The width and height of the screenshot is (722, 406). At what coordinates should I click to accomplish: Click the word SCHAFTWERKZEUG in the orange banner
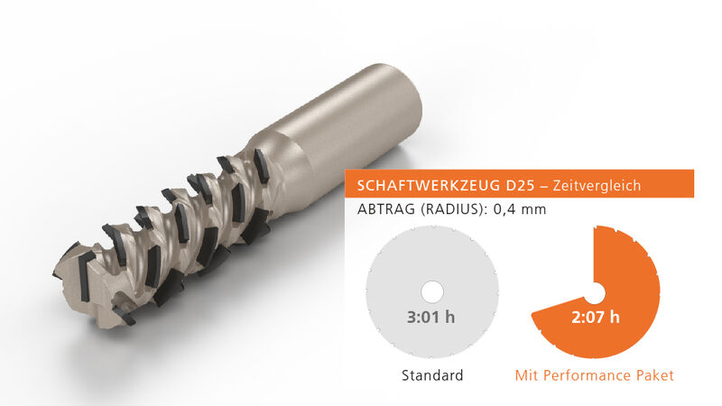coord(421,186)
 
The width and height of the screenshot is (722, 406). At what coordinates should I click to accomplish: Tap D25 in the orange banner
coord(521,186)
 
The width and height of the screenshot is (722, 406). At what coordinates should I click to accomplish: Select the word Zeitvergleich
coord(597,186)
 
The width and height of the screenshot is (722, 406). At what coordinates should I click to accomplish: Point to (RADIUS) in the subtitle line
coord(453,209)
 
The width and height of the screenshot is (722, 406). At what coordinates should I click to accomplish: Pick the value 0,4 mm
coord(520,210)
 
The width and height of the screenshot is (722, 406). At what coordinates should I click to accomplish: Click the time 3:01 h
coord(431,318)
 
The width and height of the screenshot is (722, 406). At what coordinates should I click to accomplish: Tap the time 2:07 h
coord(596,318)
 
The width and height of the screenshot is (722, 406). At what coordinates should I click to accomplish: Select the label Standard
coord(432,375)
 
